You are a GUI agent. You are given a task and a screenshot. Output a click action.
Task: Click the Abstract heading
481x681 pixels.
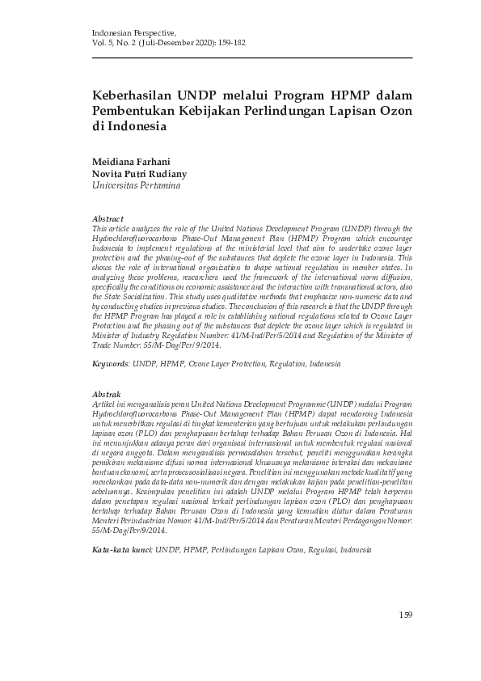pyautogui.click(x=108, y=219)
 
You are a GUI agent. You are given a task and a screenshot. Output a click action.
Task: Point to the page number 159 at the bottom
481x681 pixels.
pyautogui.click(x=406, y=615)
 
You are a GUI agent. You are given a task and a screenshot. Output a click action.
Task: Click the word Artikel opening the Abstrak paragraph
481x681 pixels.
pyautogui.click(x=106, y=402)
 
